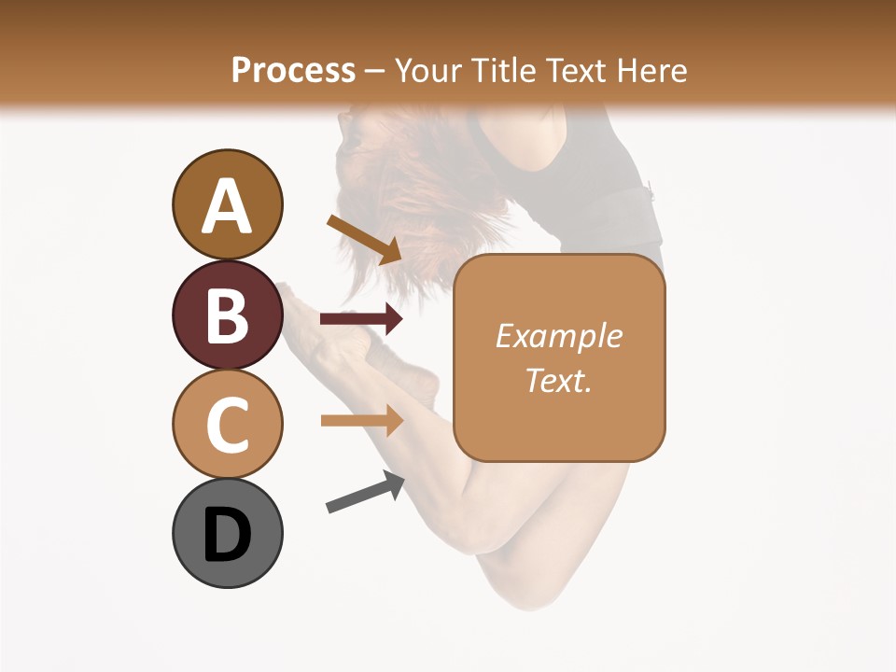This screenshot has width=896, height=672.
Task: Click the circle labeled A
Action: pyautogui.click(x=227, y=204)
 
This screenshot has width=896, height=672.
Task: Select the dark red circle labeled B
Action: pyautogui.click(x=227, y=315)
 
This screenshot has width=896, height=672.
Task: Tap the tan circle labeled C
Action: pyautogui.click(x=227, y=424)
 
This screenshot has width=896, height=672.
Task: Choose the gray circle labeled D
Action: pyautogui.click(x=227, y=534)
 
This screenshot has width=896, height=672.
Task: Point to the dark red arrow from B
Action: pyautogui.click(x=361, y=320)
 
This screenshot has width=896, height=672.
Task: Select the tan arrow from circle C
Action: pyautogui.click(x=361, y=420)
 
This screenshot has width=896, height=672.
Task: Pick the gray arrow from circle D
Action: pyautogui.click(x=365, y=493)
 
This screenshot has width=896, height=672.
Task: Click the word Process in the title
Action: pyautogui.click(x=293, y=70)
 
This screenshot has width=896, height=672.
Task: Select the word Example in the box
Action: pyautogui.click(x=558, y=336)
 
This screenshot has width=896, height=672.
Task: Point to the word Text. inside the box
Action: pyautogui.click(x=558, y=380)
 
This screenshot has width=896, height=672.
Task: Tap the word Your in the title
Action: pyautogui.click(x=428, y=70)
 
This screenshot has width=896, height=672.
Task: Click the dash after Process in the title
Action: pyautogui.click(x=375, y=71)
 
